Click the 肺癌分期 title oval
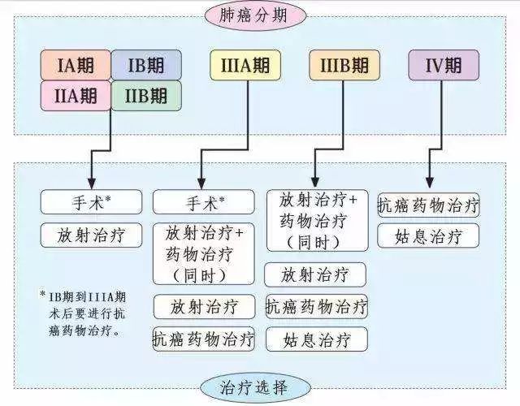(255, 15)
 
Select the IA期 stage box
(76, 65)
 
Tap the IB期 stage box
(146, 65)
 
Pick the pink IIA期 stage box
(76, 96)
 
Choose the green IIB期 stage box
(146, 96)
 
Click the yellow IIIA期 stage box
(245, 65)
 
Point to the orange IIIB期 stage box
(344, 65)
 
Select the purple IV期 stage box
(444, 65)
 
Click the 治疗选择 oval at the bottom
(255, 387)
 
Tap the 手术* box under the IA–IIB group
(91, 202)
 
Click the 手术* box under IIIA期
(204, 202)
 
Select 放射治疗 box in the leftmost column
(91, 235)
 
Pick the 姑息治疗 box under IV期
(428, 235)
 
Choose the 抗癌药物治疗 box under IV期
(428, 205)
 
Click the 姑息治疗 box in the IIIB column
(317, 339)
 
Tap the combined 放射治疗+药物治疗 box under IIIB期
(318, 220)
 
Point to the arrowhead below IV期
(430, 182)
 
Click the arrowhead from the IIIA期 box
(201, 184)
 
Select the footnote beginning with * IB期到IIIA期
(83, 313)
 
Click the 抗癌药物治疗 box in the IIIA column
(204, 339)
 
